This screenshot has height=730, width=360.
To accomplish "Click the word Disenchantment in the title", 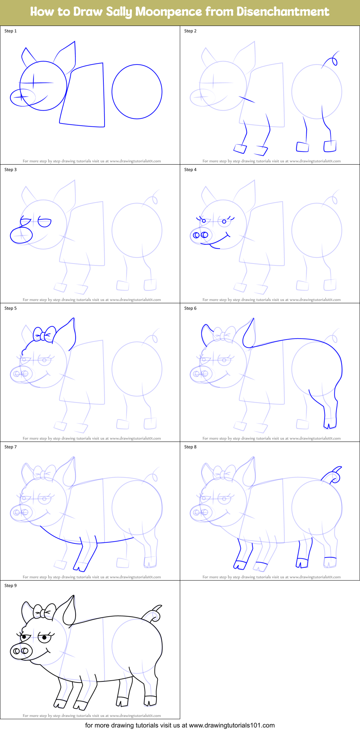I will point(283,12).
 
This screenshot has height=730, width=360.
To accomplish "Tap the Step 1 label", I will point(10,31).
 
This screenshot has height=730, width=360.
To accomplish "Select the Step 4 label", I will point(190,170).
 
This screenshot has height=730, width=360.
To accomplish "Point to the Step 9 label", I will point(10,586).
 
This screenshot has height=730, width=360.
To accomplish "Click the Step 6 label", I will point(190,308).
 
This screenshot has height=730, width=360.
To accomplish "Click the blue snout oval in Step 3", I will point(21,236).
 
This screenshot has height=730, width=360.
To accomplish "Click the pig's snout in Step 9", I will point(21,651).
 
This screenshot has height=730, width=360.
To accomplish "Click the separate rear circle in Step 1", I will point(137,92).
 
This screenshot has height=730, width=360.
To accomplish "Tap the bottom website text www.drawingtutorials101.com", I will point(232,725).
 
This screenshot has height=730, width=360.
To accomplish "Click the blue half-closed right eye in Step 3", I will point(45,223).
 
